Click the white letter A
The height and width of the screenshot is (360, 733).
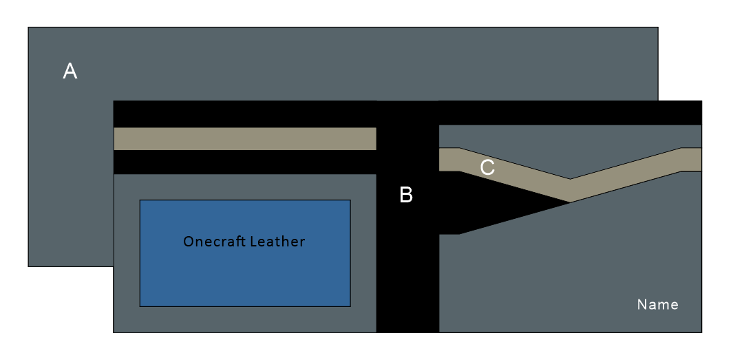(x=70, y=71)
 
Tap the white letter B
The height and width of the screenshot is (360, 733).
(x=406, y=195)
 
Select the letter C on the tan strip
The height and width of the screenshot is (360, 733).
(x=487, y=167)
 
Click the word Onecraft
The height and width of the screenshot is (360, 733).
(x=210, y=242)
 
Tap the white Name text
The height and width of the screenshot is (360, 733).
(x=657, y=304)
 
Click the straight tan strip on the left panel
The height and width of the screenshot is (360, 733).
(x=244, y=138)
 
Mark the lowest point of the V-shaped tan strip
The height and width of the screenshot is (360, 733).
(x=570, y=191)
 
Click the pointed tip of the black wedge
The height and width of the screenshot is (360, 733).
(x=569, y=202)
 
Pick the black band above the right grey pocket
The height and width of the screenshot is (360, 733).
(x=570, y=112)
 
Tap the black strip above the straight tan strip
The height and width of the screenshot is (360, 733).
(x=244, y=114)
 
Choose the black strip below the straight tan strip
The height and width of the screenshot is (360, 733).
(x=244, y=162)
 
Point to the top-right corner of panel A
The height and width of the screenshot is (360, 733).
(x=657, y=28)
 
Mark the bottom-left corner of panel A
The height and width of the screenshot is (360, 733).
(x=28, y=266)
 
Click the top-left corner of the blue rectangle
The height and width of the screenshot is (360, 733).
(x=140, y=200)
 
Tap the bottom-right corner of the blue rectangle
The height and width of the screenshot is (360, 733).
(x=350, y=306)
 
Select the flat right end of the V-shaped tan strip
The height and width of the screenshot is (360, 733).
(x=692, y=159)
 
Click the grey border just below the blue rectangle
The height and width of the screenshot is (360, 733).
(x=244, y=319)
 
